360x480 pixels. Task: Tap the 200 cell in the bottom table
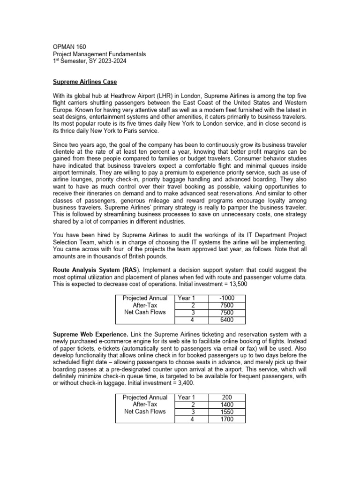[226, 397]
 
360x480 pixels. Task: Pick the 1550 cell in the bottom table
[226, 412]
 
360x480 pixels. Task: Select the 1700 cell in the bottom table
[226, 419]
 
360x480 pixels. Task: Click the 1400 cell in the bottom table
[226, 405]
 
